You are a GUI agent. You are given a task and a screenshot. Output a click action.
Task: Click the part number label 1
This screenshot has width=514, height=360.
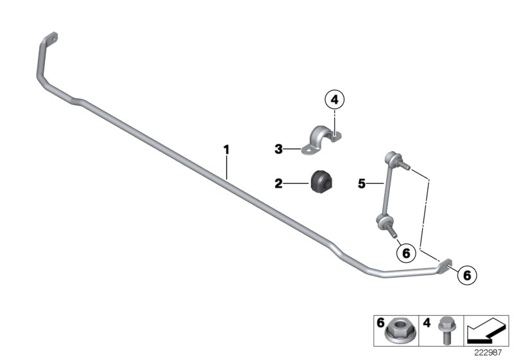(x=226, y=150)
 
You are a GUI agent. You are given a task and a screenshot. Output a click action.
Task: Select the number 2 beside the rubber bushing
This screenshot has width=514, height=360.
(x=279, y=184)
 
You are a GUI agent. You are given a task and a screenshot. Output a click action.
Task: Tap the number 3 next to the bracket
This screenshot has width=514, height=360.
(x=279, y=149)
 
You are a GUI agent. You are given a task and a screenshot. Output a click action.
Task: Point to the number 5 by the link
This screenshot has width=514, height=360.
(x=362, y=184)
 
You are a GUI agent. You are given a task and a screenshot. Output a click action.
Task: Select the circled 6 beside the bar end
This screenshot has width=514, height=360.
(x=467, y=275)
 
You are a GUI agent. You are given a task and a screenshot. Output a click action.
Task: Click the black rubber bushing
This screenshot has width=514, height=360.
(x=319, y=182)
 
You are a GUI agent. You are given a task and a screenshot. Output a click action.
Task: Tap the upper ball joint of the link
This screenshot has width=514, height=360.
(x=392, y=156)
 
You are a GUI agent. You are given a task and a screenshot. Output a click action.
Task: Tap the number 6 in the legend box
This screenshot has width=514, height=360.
(x=380, y=321)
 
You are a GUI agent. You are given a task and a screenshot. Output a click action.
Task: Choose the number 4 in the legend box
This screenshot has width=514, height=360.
(x=427, y=321)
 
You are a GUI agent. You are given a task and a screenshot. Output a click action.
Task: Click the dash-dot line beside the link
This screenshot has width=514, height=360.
(x=426, y=206)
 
